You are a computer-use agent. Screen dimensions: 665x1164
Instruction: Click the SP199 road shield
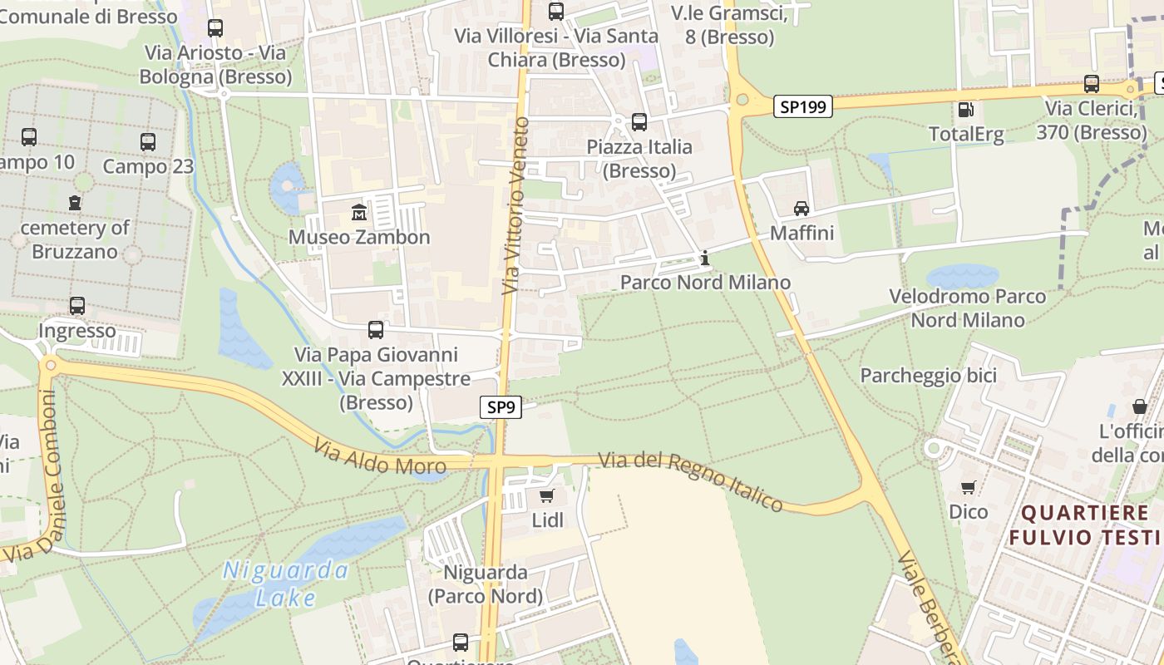click(803, 106)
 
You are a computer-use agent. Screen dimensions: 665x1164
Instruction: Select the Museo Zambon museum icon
click(359, 212)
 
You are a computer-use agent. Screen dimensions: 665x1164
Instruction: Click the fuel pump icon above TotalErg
click(965, 110)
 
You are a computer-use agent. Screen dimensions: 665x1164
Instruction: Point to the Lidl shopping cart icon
click(546, 496)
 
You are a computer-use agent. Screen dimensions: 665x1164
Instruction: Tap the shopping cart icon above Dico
click(968, 487)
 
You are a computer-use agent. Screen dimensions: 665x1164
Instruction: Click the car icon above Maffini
click(801, 208)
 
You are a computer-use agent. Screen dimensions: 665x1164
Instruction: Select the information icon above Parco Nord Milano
click(705, 258)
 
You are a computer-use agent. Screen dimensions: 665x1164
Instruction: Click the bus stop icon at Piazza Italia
click(639, 122)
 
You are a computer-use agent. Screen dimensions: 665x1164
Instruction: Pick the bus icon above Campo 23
click(148, 142)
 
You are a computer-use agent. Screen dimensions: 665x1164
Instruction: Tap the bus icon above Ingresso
click(77, 306)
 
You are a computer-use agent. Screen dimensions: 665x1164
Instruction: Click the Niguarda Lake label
click(285, 584)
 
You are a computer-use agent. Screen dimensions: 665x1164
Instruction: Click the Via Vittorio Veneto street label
click(515, 205)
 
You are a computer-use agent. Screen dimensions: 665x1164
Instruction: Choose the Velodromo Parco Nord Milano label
click(968, 308)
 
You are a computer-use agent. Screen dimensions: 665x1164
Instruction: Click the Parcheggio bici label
click(928, 376)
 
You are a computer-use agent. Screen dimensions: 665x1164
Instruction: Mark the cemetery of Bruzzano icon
click(75, 202)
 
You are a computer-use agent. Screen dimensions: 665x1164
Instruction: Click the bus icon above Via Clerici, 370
click(1091, 84)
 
